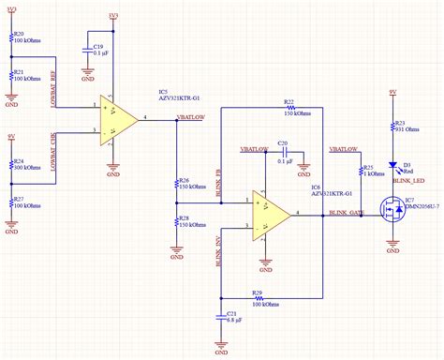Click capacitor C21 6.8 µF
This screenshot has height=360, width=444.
(x=221, y=316)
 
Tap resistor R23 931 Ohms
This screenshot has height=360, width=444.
(x=392, y=127)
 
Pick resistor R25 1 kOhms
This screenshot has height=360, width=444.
(x=355, y=172)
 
